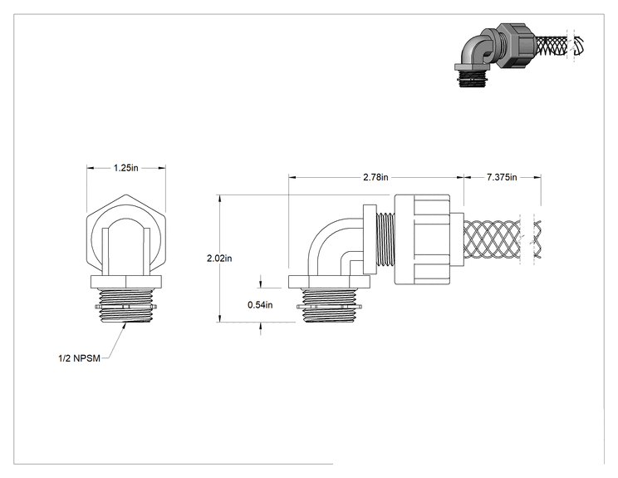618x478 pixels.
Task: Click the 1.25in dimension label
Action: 126,168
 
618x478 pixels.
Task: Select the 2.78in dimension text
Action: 375,177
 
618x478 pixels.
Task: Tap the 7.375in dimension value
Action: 502,177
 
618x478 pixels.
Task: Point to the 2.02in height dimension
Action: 219,259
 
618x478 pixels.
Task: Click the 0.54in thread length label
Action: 260,305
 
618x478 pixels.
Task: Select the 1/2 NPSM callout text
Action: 79,358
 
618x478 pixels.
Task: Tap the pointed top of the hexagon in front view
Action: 125,195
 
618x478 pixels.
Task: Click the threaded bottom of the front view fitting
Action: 125,306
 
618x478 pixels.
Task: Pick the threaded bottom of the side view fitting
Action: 329,305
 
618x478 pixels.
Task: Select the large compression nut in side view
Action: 422,239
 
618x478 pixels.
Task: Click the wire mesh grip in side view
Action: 492,239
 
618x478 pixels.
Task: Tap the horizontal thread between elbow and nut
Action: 385,239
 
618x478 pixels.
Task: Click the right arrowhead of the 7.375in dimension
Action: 537,177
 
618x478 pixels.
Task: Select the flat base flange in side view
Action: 329,282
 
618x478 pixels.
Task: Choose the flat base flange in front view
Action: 126,282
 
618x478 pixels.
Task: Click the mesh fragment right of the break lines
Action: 537,239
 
